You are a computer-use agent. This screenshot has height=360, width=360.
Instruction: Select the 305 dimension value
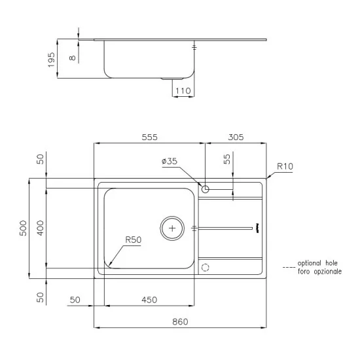pyautogui.click(x=236, y=137)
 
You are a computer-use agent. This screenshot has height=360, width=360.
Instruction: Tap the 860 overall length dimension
pyautogui.click(x=180, y=321)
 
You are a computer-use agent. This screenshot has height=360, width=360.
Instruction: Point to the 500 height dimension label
pyautogui.click(x=23, y=227)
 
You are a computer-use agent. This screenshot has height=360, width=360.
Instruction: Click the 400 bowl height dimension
pyautogui.click(x=40, y=227)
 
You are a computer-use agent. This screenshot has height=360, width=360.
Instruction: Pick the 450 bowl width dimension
pyautogui.click(x=149, y=300)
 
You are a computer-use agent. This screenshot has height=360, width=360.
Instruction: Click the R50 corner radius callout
pyautogui.click(x=134, y=240)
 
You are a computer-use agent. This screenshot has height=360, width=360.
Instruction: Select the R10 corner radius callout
pyautogui.click(x=284, y=167)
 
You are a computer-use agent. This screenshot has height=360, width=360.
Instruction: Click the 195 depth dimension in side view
pyautogui.click(x=52, y=60)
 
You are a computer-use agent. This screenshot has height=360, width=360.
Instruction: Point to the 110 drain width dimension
pyautogui.click(x=183, y=91)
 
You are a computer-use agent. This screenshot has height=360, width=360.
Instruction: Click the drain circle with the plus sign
pyautogui.click(x=173, y=228)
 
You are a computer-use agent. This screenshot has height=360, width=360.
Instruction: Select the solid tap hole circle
pyautogui.click(x=206, y=189)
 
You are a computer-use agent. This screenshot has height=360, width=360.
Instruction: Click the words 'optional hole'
pyautogui.click(x=319, y=262)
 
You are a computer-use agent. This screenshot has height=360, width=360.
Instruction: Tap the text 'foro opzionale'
pyautogui.click(x=319, y=270)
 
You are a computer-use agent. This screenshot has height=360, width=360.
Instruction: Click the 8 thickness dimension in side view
pyautogui.click(x=73, y=58)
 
